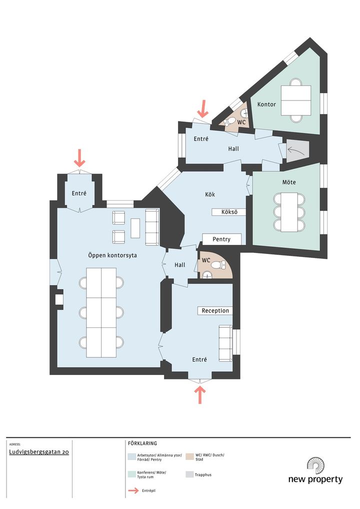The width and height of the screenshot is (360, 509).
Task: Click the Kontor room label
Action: [x=266, y=104]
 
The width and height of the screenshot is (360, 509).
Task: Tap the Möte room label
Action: [x=289, y=182]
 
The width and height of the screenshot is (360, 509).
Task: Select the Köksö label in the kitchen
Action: [x=229, y=212]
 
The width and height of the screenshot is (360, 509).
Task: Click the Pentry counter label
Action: [x=221, y=239]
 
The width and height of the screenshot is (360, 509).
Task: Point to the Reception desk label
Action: [x=215, y=310]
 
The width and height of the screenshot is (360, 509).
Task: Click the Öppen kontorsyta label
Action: [x=112, y=255]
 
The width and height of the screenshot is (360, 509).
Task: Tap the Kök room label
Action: [x=210, y=194]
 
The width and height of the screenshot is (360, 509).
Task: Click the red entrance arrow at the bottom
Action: [x=199, y=394]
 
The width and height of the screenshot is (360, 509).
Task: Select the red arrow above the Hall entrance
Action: [x=203, y=108]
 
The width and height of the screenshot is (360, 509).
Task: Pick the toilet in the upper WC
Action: [x=230, y=121]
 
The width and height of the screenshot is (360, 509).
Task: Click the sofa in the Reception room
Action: [x=225, y=343]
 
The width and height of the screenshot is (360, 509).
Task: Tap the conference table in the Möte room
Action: [x=289, y=212]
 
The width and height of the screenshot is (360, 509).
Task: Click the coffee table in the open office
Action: [x=135, y=228]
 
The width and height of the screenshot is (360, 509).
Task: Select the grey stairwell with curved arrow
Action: [x=296, y=151]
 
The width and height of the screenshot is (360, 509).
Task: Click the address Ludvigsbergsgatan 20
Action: [x=39, y=452]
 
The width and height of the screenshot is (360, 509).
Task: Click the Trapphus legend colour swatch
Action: [x=189, y=474]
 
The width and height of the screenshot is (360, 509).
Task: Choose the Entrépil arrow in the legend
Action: [x=133, y=490]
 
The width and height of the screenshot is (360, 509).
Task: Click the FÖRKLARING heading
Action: [x=142, y=443]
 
